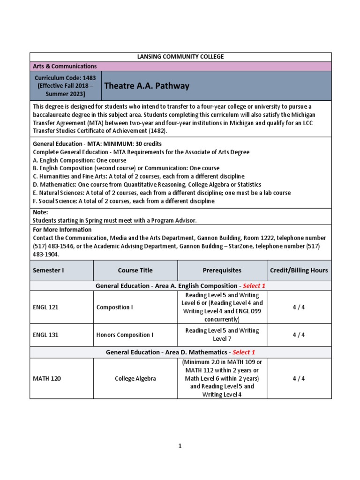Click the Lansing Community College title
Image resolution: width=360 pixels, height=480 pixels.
[180, 57]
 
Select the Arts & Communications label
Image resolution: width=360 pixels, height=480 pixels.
[65, 67]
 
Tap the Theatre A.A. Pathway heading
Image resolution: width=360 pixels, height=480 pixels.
[146, 86]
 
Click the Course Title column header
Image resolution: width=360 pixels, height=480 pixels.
[135, 270]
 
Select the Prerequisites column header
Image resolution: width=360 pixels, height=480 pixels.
[222, 270]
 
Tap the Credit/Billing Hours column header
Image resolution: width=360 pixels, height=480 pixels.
[299, 270]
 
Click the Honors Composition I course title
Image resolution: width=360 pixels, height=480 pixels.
[125, 335]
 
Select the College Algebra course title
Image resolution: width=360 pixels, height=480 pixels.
[135, 379]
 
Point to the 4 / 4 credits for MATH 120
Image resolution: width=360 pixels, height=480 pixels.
[299, 379]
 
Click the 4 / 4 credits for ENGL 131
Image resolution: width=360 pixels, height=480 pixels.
[299, 335]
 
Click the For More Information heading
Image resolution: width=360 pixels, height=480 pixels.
[62, 230]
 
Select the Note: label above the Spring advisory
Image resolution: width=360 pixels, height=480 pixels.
[40, 212]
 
